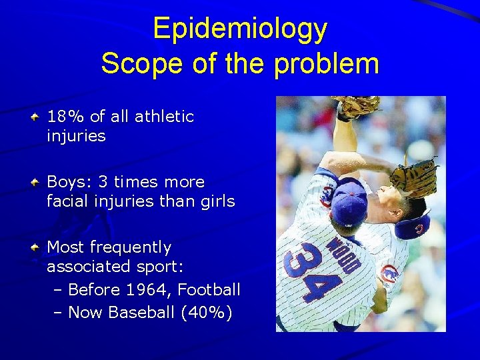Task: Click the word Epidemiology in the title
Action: coord(240,29)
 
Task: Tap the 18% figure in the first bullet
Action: coord(66,117)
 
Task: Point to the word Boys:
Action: coord(69,182)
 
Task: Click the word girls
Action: coord(215,201)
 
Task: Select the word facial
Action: coord(69,201)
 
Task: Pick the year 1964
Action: coord(149,290)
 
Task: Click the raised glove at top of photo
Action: coord(355,107)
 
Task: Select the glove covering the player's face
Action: coord(413,176)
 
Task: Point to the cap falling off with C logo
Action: coord(411,227)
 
